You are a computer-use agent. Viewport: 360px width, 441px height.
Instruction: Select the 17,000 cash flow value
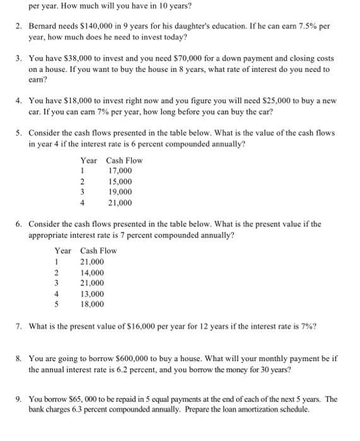pyautogui.click(x=120, y=171)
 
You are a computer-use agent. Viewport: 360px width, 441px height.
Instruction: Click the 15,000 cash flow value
pyautogui.click(x=120, y=181)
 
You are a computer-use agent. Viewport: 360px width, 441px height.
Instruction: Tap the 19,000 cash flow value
pyautogui.click(x=120, y=192)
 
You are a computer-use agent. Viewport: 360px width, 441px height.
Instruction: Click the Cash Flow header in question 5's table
pyautogui.click(x=125, y=160)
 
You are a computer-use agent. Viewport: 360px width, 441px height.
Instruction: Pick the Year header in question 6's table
pyautogui.click(x=62, y=251)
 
